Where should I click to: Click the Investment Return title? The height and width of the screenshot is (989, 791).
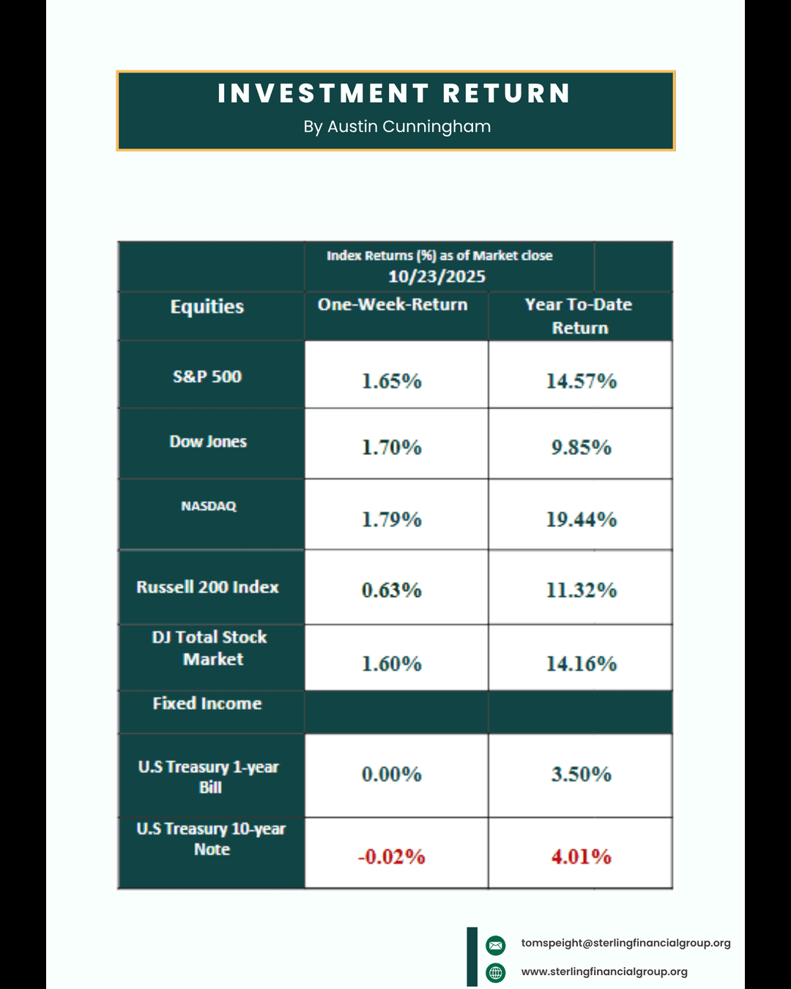point(394,94)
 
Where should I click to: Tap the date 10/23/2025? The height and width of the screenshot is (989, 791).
point(437,276)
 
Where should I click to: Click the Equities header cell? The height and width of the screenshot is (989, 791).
point(207,306)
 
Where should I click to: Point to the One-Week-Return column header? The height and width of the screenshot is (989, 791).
point(393,305)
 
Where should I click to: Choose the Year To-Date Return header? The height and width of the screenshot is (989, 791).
point(579,316)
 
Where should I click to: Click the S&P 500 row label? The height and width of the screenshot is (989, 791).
point(207,377)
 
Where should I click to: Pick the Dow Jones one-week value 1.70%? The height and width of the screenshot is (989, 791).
point(392,447)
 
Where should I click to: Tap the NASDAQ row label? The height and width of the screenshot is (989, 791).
point(209,506)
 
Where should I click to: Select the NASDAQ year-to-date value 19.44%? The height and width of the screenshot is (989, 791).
point(582,519)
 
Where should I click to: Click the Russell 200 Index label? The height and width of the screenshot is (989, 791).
point(207,587)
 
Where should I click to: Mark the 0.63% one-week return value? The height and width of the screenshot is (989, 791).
point(392,590)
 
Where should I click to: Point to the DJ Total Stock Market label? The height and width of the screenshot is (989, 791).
point(210,648)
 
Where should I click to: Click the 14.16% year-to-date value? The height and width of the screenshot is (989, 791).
point(582,664)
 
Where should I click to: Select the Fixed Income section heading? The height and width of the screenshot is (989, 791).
point(207,703)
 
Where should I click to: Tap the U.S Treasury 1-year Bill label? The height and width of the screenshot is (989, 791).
point(209,777)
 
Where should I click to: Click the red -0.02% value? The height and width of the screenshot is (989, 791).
point(392,856)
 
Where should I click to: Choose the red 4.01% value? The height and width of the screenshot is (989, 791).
point(582,856)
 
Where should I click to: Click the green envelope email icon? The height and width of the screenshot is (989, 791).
point(496,945)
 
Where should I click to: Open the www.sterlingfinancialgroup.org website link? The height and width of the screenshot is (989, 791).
point(604,972)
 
